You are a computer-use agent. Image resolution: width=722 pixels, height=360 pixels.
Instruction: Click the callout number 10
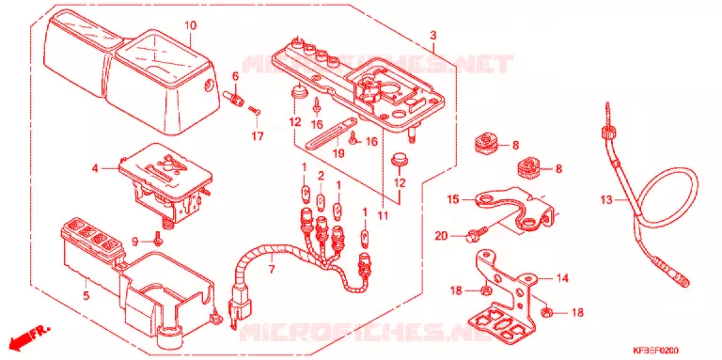[x=190, y=25]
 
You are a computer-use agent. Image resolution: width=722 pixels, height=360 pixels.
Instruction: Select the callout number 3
[x=433, y=36]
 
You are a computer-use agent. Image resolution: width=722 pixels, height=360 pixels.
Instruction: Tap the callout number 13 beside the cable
[x=607, y=200]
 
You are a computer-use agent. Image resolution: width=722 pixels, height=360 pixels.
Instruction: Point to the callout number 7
[x=271, y=269]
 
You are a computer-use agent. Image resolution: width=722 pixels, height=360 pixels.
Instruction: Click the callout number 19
[x=338, y=153]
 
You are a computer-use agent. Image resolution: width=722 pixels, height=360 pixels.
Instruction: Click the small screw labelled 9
[x=158, y=240]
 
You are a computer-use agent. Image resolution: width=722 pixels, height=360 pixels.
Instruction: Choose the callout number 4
[x=95, y=169]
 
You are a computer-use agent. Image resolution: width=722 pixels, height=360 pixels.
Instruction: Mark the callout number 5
[x=86, y=295]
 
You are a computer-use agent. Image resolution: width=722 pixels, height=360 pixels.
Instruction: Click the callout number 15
[x=453, y=200]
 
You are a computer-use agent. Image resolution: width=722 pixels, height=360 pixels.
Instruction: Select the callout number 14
[x=562, y=278]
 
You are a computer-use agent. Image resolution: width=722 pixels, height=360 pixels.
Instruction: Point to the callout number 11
[x=384, y=215]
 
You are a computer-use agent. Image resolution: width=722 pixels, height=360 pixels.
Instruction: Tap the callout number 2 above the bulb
[x=321, y=176]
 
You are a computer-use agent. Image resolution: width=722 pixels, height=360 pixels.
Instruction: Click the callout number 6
[x=235, y=77]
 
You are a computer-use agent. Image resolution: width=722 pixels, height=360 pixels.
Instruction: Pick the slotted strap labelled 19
[x=331, y=133]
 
